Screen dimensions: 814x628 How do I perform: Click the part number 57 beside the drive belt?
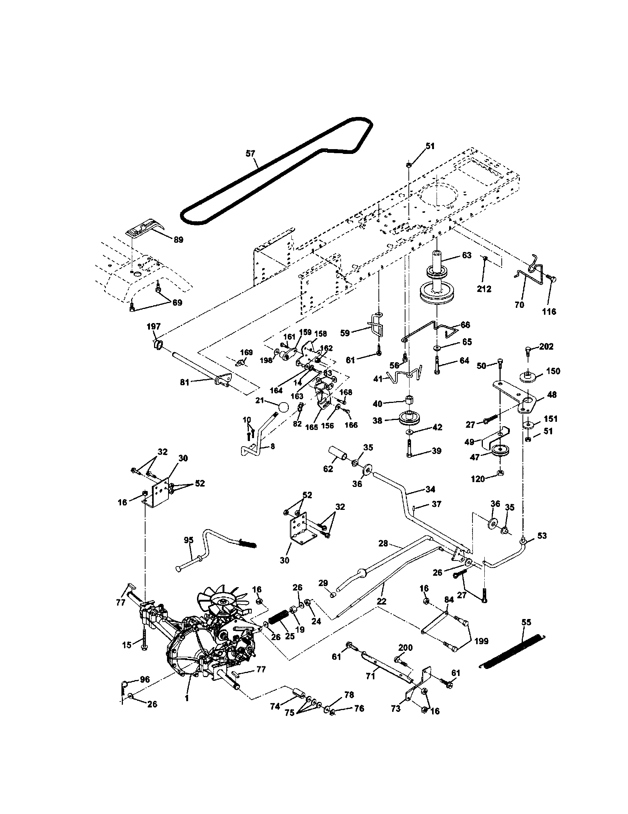[250, 153]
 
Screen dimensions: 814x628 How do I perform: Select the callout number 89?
[178, 240]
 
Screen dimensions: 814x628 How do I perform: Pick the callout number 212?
[484, 289]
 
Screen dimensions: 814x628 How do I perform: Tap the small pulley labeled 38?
[410, 417]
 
